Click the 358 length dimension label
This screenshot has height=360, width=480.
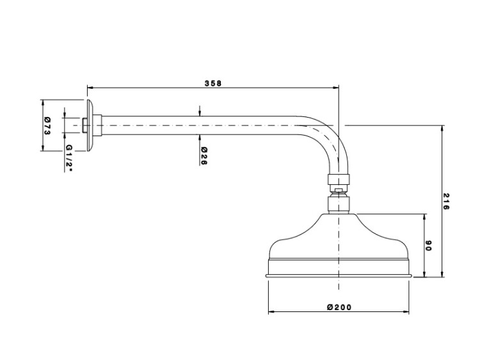212,83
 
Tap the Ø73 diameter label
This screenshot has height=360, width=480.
47,125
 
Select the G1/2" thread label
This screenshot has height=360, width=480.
69,158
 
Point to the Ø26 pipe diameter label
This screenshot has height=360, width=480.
204,156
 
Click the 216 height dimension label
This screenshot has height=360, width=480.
446,201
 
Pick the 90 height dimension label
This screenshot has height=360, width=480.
428,246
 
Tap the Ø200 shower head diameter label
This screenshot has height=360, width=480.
339,307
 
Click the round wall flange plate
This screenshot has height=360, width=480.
90,125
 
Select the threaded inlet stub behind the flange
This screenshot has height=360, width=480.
84,125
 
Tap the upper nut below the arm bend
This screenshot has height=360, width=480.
339,180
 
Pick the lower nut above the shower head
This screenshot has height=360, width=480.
339,205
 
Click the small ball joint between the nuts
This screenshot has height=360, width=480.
339,191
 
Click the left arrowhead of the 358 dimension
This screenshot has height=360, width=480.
90,88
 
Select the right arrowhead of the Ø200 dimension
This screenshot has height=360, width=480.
406,312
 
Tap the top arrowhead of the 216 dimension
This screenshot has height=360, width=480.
442,128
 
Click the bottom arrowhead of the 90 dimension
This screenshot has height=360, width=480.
424,274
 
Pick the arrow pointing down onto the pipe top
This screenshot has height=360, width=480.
200,111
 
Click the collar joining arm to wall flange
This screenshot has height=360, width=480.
98,125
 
